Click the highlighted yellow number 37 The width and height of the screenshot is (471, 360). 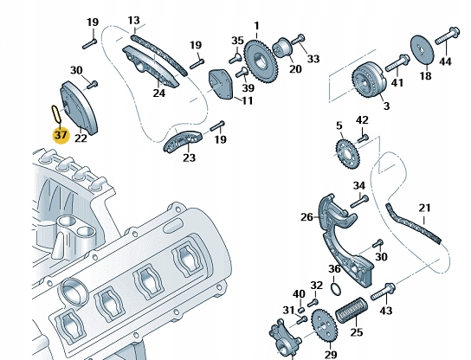59,135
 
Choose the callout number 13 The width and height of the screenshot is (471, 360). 132,20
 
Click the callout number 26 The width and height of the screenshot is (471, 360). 306,218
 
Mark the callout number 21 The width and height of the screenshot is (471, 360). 424,207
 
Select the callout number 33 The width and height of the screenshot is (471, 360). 313,59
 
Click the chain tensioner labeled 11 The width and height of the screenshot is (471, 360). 222,85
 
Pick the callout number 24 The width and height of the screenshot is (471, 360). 159,93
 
